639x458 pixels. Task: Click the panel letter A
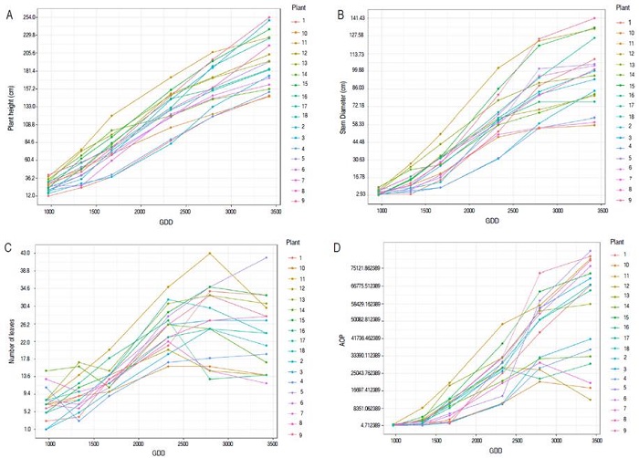[x=9, y=14]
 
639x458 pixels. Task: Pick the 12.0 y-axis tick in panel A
[x=30, y=195]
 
